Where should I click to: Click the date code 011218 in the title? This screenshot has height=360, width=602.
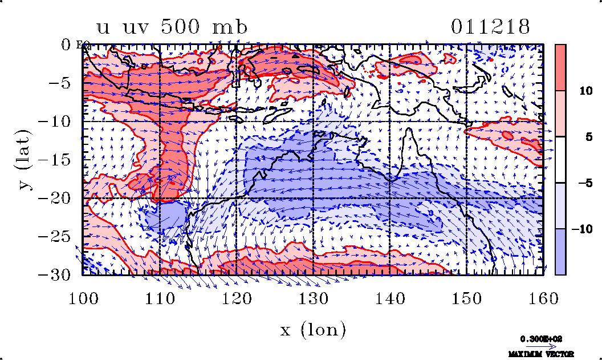(x=491, y=27)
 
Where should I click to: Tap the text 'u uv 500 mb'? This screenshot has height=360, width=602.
(x=165, y=27)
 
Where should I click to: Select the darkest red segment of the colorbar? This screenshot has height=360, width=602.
(x=560, y=67)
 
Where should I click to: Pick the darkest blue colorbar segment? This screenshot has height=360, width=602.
(x=560, y=252)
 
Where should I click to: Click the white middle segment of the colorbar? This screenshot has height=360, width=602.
(x=560, y=159)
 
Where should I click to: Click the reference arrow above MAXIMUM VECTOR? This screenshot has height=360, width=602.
(x=538, y=346)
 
